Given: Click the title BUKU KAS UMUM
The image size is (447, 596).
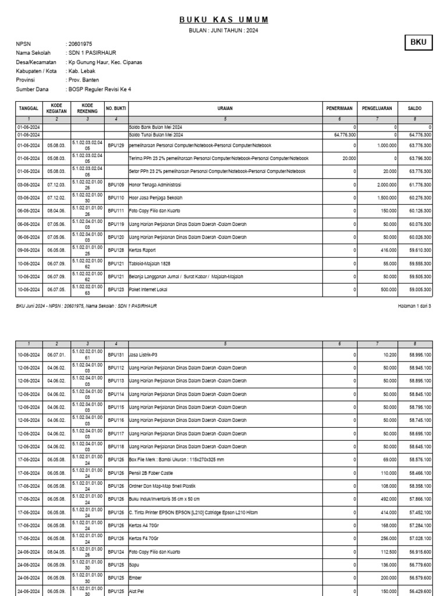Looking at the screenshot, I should pos(223,20).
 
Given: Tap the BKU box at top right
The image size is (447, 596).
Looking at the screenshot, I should pos(418,42).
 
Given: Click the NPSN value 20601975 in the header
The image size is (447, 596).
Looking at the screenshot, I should pos(80,44).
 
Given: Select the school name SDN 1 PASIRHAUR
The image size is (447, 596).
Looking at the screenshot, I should pos(93,53).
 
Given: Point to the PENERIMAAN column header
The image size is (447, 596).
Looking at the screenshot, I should pos(340,108).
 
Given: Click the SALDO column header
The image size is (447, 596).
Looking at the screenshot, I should pos(414,108).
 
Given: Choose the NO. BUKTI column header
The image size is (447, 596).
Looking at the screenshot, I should pos(116,108).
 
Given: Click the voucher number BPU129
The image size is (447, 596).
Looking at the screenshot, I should pos(116,145).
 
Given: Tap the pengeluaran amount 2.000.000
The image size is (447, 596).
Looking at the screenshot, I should pos(386,185).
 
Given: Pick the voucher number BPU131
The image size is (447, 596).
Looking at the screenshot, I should pos(116,354).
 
